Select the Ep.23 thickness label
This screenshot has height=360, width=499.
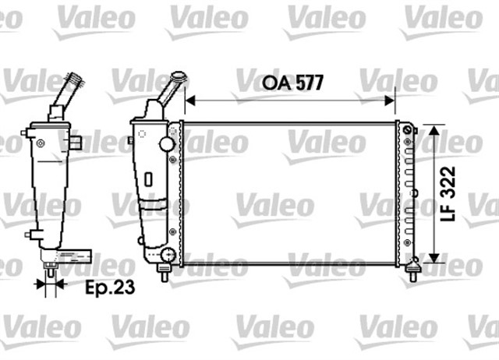coord(108,286)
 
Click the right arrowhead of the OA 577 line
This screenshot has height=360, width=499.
coord(391,100)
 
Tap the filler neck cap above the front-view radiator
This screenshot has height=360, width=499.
coord(179,78)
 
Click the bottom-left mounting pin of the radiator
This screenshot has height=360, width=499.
coord(164,272)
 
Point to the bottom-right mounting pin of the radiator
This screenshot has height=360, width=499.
coord(413,272)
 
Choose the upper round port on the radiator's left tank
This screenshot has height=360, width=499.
coord(165,145)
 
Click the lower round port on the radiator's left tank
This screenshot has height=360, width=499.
coord(168,253)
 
